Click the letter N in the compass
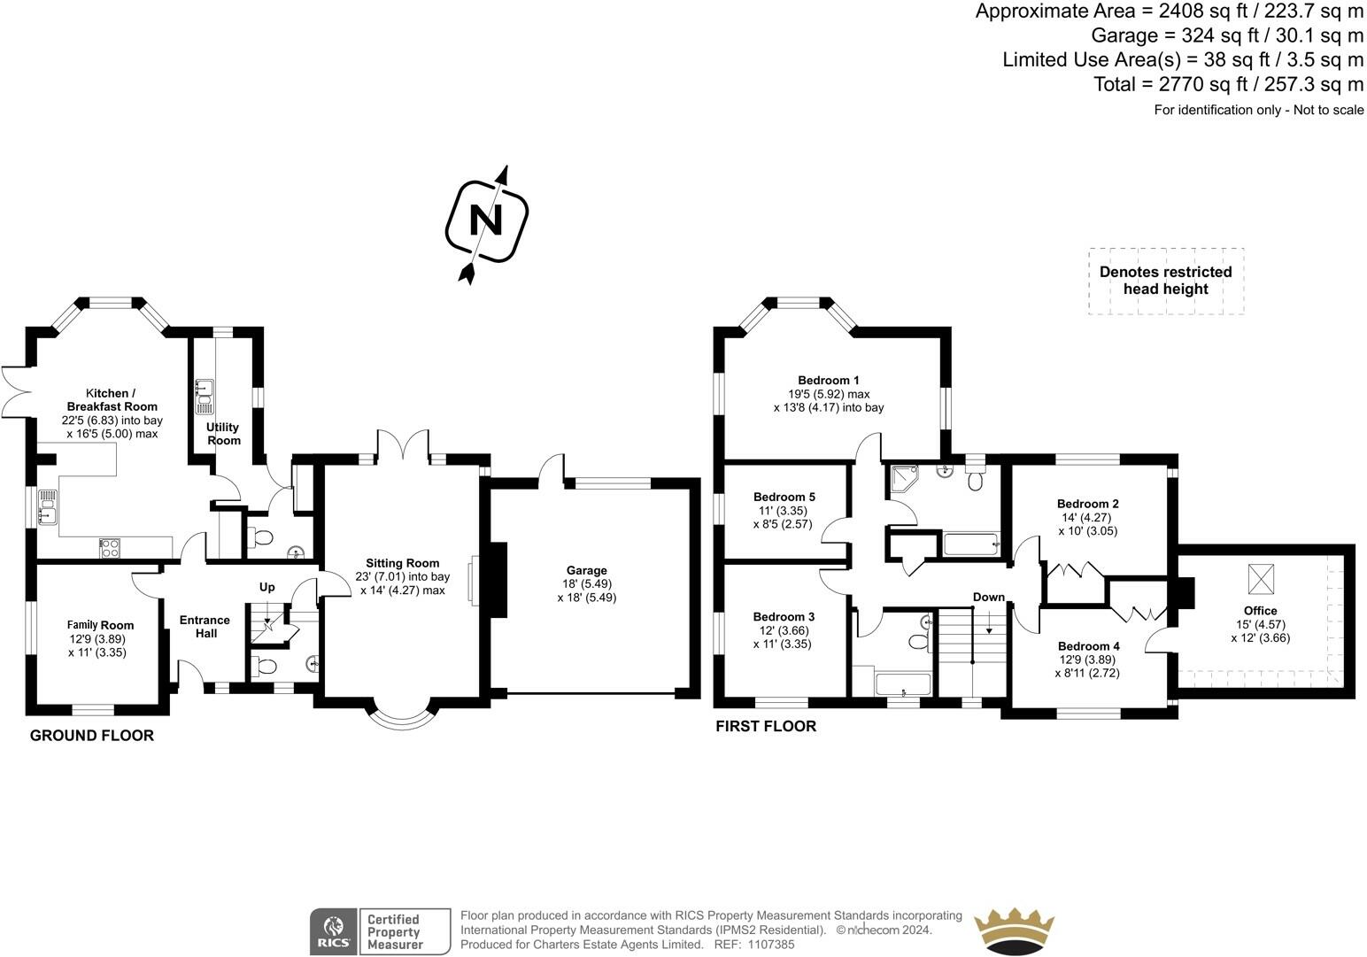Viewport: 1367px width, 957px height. coord(486,220)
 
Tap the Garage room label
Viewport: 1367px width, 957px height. coord(586,570)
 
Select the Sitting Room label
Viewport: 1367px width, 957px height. coord(402,563)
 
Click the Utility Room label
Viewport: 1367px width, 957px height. coord(223,433)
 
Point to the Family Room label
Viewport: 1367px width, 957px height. coord(100,625)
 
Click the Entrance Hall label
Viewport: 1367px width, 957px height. coord(205,627)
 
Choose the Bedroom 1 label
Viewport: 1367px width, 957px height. coord(828,381)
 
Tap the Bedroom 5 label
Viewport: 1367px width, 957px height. coord(784,497)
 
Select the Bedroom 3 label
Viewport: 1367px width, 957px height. coord(784,616)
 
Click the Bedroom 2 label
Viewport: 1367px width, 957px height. coord(1087,504)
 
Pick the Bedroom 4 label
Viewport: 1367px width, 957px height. coord(1089,645)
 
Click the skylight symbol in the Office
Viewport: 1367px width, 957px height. coord(1261,579)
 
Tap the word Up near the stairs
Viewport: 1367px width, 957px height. coord(267,587)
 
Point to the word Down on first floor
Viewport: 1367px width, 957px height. coord(989,597)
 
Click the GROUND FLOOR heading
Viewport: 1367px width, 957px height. coord(92,736)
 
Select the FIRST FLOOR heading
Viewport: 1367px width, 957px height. coord(766,726)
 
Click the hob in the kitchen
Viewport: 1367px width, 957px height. coord(111,547)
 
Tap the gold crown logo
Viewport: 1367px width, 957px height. coord(1014,930)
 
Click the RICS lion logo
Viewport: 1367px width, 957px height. coord(333,931)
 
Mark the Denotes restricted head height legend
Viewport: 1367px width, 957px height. coord(1166,281)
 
